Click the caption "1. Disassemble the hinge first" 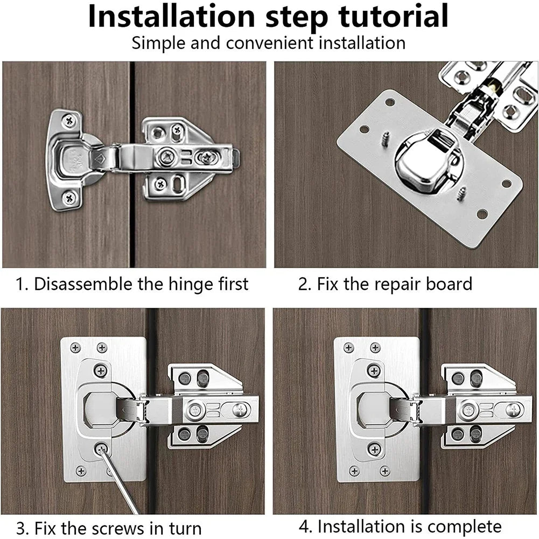[x=132, y=284]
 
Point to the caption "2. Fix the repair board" [x=385, y=284]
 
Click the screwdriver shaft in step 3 [x=120, y=485]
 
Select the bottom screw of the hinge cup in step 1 [x=69, y=198]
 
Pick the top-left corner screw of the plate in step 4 [x=348, y=348]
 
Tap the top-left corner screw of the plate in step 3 [x=75, y=348]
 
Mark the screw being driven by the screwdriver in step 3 [x=101, y=449]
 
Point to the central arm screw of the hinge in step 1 [x=165, y=158]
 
